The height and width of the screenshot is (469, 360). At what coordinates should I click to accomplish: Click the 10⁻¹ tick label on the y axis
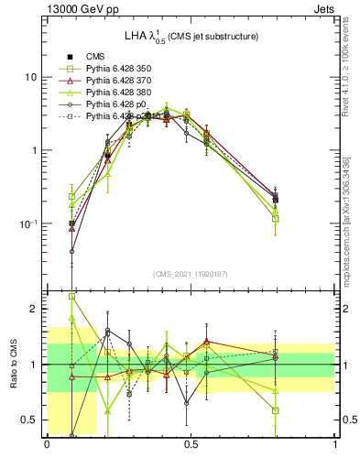(27, 224)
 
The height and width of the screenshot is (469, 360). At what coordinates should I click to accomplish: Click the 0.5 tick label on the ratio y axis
(29, 420)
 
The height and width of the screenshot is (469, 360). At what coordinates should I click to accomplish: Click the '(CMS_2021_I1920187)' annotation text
(191, 274)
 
